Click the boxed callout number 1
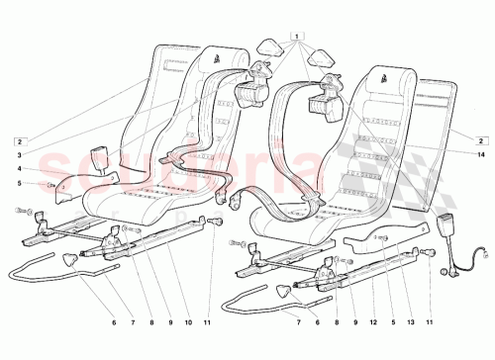click(295, 36)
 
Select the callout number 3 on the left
click(17, 154)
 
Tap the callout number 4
click(17, 168)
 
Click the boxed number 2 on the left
click(17, 140)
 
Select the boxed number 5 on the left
click(17, 184)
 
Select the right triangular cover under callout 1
click(318, 58)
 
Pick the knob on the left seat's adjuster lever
click(70, 259)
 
